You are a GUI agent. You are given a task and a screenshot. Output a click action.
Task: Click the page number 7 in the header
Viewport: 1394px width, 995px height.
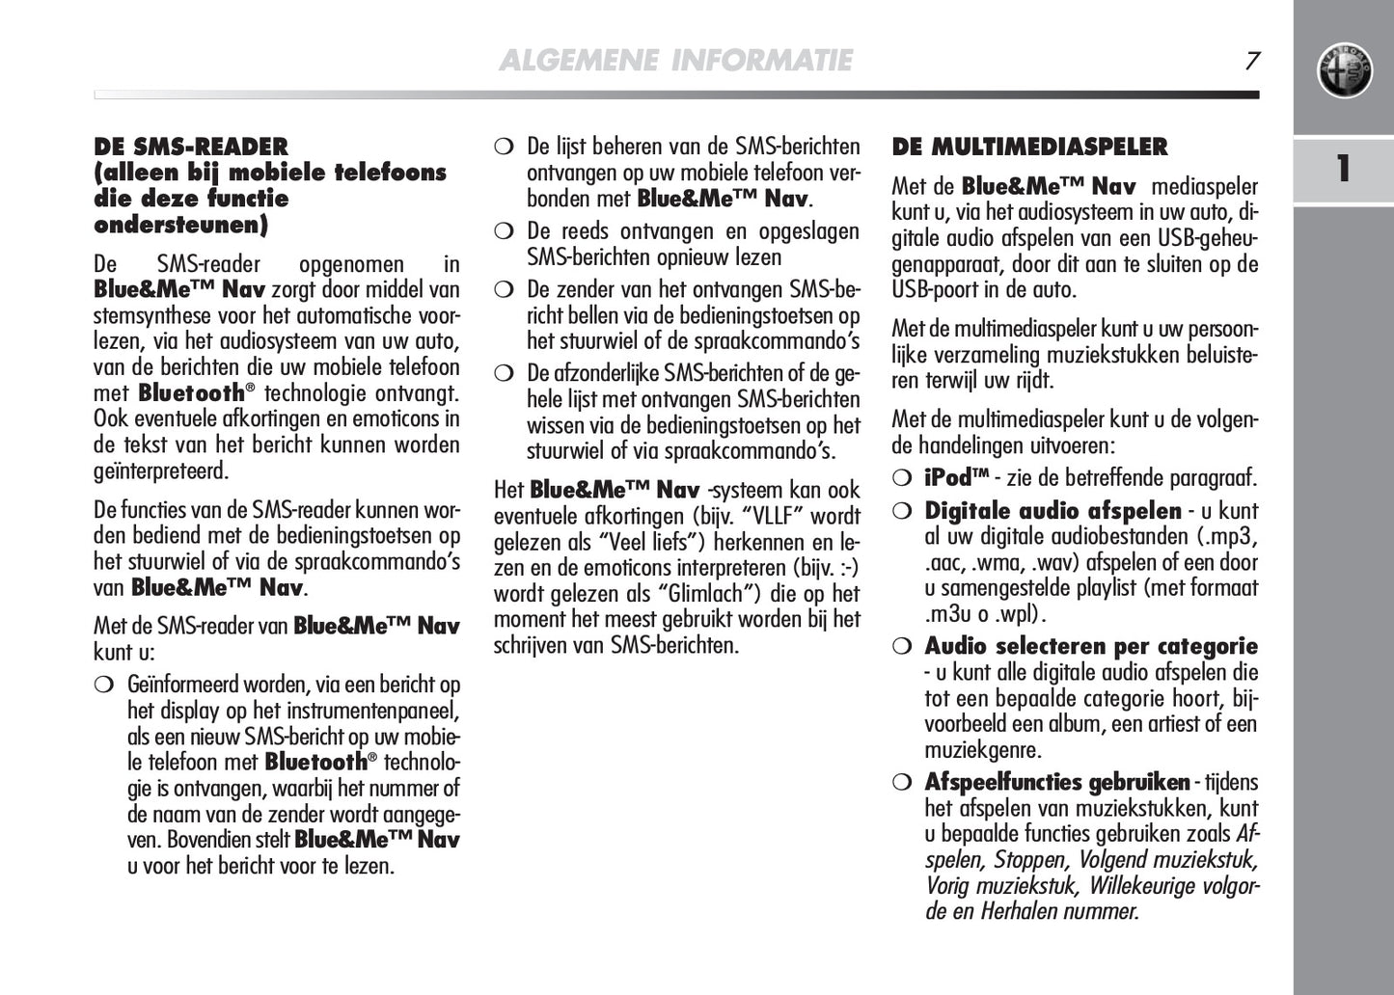pyautogui.click(x=1251, y=61)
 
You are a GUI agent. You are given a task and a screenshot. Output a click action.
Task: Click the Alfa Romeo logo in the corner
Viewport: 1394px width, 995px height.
pyautogui.click(x=1344, y=71)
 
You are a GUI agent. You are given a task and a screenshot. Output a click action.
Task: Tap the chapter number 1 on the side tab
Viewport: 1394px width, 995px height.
pyautogui.click(x=1343, y=169)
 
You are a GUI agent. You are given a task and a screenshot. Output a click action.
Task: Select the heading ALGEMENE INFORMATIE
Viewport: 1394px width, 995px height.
pyautogui.click(x=675, y=61)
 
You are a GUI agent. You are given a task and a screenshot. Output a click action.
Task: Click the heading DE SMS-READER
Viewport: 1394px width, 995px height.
pyautogui.click(x=191, y=148)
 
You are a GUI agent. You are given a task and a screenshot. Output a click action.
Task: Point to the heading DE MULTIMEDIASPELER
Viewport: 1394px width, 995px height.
pyautogui.click(x=1029, y=148)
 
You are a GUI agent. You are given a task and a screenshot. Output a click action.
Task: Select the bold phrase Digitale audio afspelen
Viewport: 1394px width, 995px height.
pyautogui.click(x=1052, y=511)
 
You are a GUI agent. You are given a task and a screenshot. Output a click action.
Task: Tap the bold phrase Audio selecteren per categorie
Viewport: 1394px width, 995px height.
pyautogui.click(x=1091, y=646)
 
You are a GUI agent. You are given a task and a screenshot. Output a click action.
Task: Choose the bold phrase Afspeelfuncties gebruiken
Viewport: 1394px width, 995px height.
pyautogui.click(x=1056, y=782)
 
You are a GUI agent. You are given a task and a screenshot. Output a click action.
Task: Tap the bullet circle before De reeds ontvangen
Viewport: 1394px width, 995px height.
pyautogui.click(x=503, y=231)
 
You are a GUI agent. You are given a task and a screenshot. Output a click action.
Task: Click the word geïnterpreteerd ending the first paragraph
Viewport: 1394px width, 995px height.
pyautogui.click(x=161, y=471)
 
